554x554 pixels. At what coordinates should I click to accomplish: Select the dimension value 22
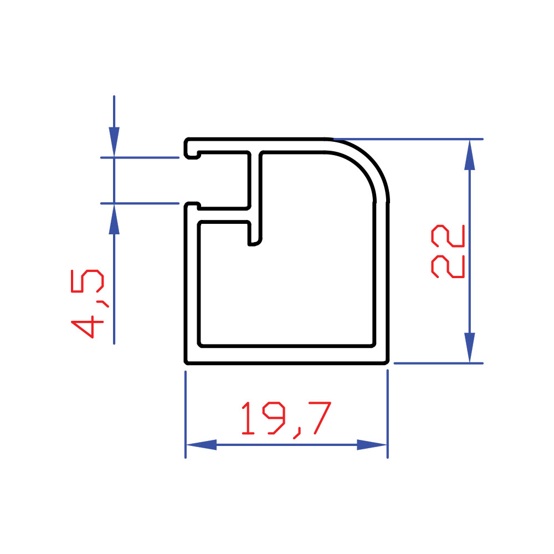(448, 251)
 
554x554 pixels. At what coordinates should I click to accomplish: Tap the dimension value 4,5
(88, 304)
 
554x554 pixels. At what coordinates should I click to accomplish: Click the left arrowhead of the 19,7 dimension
(201, 444)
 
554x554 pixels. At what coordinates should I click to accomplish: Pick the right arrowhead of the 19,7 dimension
(372, 444)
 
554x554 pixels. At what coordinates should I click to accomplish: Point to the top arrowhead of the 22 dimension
(469, 155)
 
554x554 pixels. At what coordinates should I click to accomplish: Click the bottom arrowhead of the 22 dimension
(469, 348)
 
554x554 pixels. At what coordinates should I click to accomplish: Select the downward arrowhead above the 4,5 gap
(114, 142)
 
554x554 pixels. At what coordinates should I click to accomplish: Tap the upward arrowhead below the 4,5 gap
(114, 219)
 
